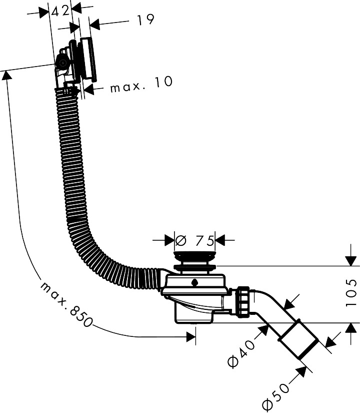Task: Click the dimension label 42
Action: click(x=60, y=11)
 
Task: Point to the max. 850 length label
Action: click(x=66, y=305)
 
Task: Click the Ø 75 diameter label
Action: click(x=194, y=240)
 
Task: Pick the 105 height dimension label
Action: click(x=351, y=293)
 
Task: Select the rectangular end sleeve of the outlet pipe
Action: click(x=298, y=339)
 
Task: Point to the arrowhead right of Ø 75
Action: click(x=219, y=240)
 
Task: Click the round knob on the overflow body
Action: click(x=62, y=63)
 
